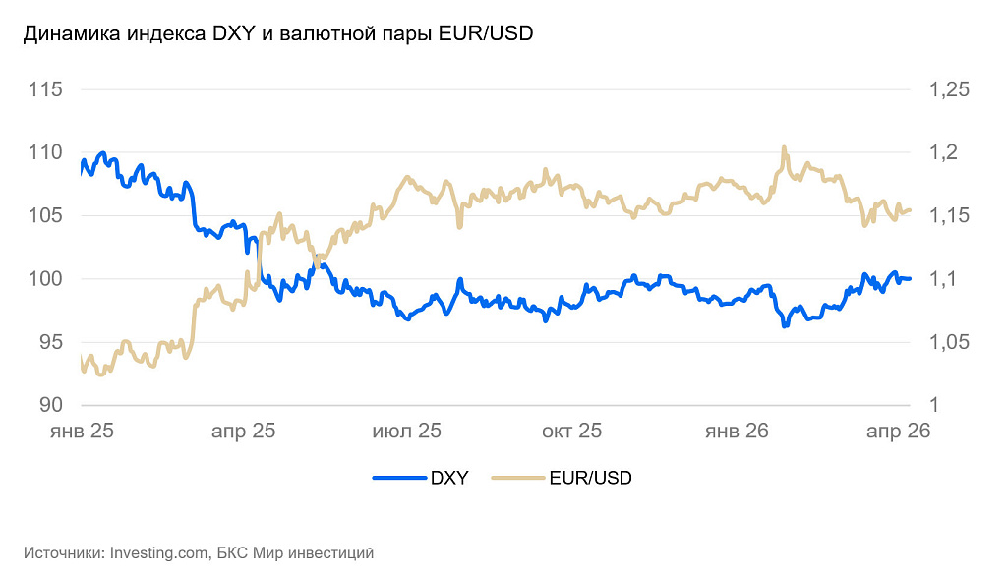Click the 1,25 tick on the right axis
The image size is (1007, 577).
(949, 90)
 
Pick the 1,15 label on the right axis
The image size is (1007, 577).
(949, 216)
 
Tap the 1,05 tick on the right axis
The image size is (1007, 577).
(949, 342)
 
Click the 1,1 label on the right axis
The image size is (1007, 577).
(943, 279)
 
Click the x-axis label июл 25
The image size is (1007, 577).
(406, 431)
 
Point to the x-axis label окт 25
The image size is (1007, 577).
(571, 431)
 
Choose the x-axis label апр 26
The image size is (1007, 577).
(897, 431)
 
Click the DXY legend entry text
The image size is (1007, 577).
(449, 479)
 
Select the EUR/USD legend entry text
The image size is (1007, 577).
(591, 479)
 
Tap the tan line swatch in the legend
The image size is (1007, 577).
(517, 479)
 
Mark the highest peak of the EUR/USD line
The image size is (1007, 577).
(784, 147)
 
